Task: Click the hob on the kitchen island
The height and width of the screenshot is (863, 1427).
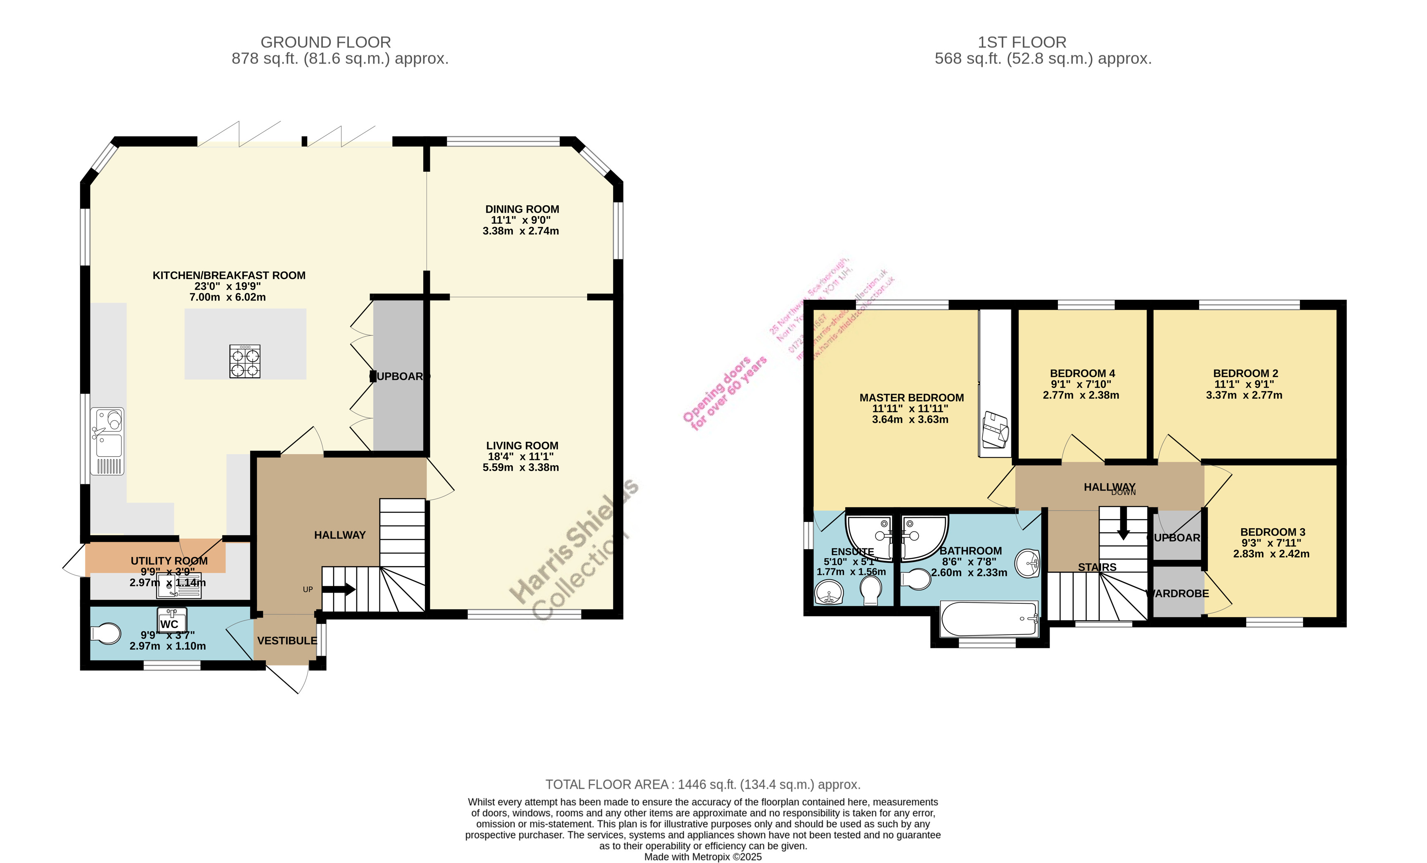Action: pyautogui.click(x=244, y=361)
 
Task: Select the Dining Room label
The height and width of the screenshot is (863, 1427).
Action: pyautogui.click(x=522, y=209)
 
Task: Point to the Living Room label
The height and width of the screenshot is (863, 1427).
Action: pyautogui.click(x=522, y=446)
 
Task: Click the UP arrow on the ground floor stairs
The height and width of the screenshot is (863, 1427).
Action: pyautogui.click(x=339, y=590)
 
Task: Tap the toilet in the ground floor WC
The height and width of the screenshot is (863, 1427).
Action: pyautogui.click(x=106, y=634)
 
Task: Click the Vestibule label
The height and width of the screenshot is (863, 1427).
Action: pyautogui.click(x=287, y=640)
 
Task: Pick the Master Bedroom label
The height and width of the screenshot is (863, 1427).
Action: pyautogui.click(x=911, y=397)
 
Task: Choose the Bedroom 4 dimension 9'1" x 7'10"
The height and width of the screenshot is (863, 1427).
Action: pyautogui.click(x=1081, y=384)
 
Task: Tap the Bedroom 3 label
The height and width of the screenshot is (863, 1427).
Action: pyautogui.click(x=1273, y=532)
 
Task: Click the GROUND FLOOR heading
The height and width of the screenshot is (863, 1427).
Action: pyautogui.click(x=325, y=42)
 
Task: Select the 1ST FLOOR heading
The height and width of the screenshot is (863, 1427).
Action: pyautogui.click(x=1022, y=42)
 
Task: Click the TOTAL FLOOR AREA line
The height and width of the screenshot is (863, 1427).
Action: pyautogui.click(x=702, y=784)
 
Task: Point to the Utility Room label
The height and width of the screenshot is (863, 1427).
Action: pyautogui.click(x=168, y=561)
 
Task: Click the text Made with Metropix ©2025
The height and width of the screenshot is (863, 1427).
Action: pyautogui.click(x=702, y=857)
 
